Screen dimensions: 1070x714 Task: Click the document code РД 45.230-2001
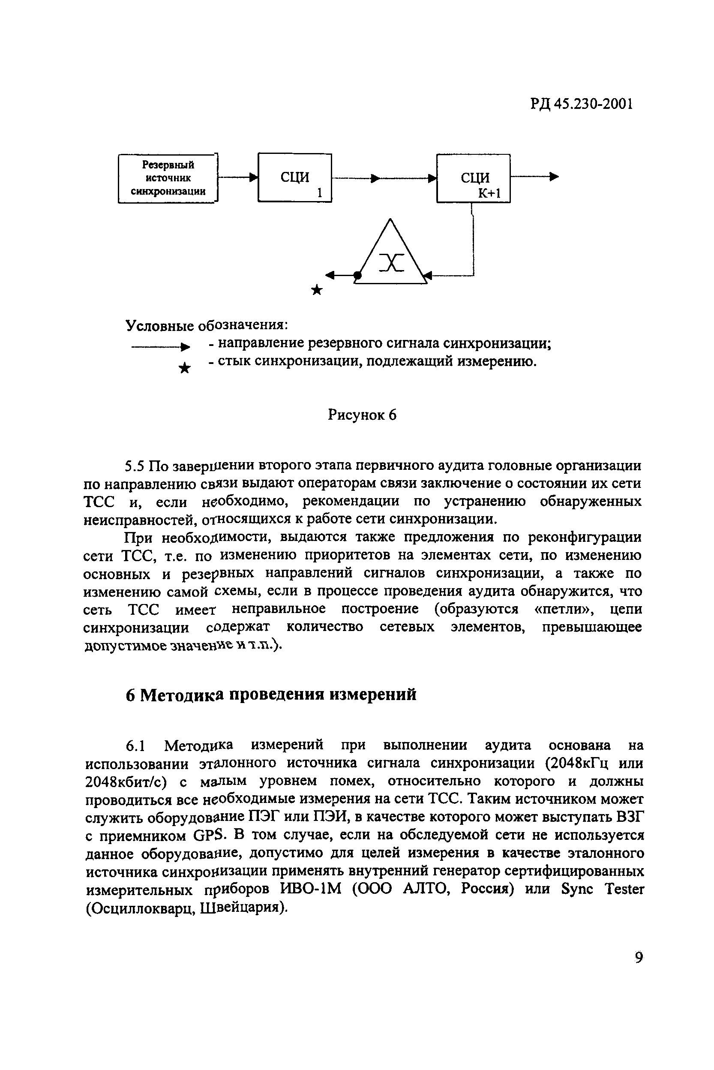(x=582, y=105)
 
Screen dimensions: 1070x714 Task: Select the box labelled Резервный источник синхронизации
(x=168, y=178)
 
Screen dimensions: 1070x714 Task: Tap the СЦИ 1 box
(x=294, y=177)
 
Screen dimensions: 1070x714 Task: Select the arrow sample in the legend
(x=161, y=348)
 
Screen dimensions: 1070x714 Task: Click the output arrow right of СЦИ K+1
(x=535, y=177)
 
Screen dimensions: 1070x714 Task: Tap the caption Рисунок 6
(x=362, y=415)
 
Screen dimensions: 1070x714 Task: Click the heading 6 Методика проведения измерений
(x=271, y=695)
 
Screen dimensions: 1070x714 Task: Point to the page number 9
(x=639, y=958)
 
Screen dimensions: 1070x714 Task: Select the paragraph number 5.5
(x=135, y=466)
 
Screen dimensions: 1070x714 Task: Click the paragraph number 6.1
(x=135, y=745)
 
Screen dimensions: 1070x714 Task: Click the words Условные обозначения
(x=207, y=325)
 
